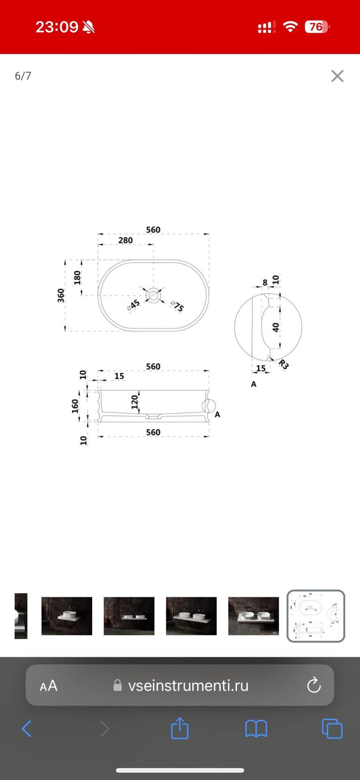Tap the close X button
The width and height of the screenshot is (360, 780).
tap(337, 76)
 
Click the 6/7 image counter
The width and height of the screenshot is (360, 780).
tap(23, 76)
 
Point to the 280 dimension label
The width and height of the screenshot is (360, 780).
tap(126, 240)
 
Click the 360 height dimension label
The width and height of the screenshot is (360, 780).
tap(61, 295)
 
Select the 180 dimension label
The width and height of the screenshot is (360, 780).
tap(77, 278)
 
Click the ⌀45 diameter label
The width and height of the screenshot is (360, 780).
tap(133, 305)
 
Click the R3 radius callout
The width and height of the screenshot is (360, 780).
tap(284, 364)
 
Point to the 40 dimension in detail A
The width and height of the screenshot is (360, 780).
tap(276, 327)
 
